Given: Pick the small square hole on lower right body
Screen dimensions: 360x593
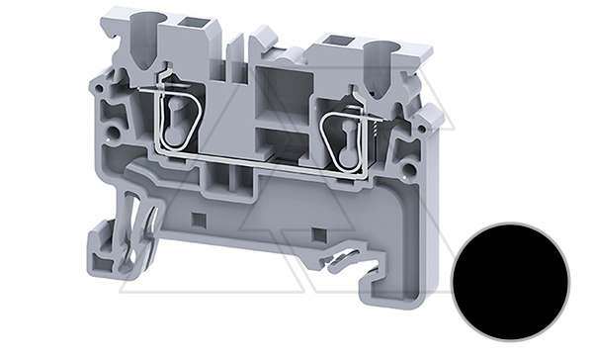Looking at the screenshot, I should [318, 235].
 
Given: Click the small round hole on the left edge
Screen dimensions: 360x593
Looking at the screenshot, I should [115, 130].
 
